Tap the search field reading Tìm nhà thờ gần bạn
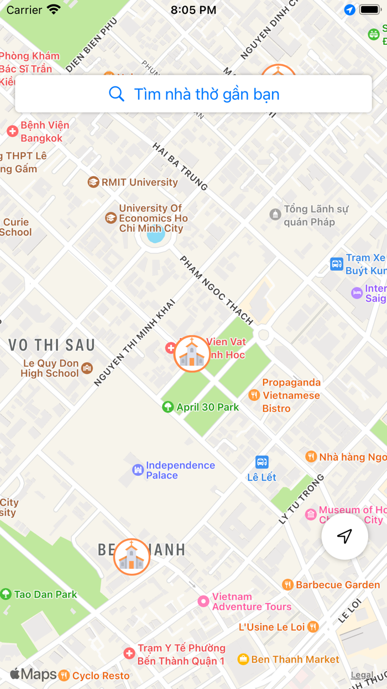click(193, 94)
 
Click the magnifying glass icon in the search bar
click(117, 94)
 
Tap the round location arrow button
click(344, 536)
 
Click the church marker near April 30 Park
click(192, 353)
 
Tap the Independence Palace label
click(180, 470)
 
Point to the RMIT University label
click(139, 182)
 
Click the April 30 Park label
click(207, 407)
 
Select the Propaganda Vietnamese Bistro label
click(291, 395)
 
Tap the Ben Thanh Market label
click(295, 659)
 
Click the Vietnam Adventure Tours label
click(252, 601)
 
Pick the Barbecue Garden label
click(337, 585)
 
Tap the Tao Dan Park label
click(45, 594)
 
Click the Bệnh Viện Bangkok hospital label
click(44, 131)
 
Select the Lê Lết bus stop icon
click(262, 462)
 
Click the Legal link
click(362, 675)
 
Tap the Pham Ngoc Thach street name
click(216, 290)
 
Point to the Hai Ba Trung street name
click(180, 167)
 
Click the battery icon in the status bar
click(369, 10)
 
